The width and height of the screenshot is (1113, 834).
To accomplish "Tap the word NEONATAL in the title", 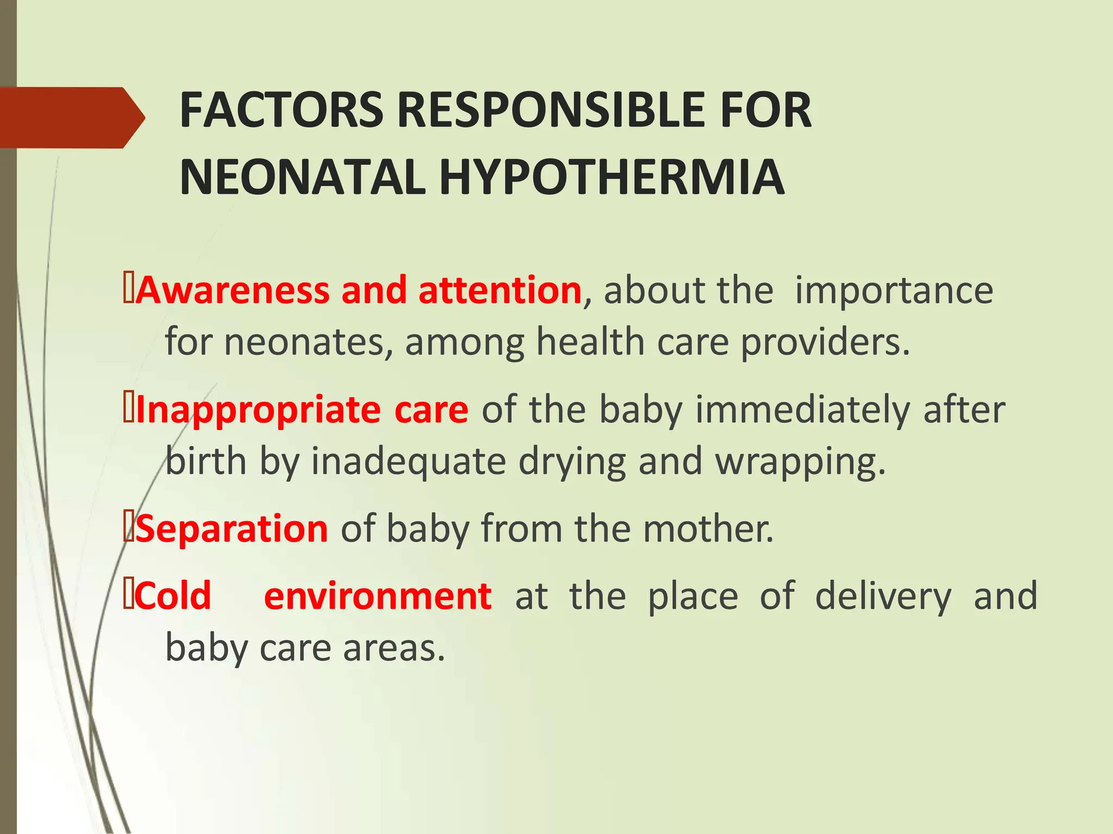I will pos(302,178).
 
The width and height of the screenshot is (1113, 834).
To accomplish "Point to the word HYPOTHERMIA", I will pos(611,178).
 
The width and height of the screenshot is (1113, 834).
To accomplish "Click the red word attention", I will pos(500,290).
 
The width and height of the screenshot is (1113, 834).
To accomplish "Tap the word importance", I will pos(894,291).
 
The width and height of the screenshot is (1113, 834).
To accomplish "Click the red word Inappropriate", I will pos(259,410).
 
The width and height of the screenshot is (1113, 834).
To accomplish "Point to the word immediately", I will pos(802,409).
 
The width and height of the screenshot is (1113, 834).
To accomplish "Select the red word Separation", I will pos(232,529).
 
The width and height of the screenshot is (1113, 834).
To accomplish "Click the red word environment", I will pos(378,596).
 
